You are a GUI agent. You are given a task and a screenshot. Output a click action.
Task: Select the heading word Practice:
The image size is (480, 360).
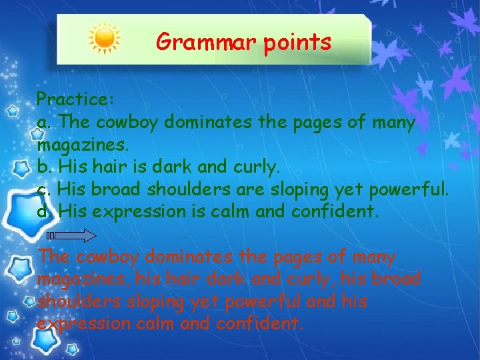point(76,99)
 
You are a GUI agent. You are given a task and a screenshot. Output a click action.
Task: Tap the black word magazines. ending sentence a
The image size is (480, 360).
point(83,145)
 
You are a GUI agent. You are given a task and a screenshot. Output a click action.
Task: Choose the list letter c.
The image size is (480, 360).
point(43,189)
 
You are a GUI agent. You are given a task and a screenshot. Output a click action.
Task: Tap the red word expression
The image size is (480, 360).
point(79,324)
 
